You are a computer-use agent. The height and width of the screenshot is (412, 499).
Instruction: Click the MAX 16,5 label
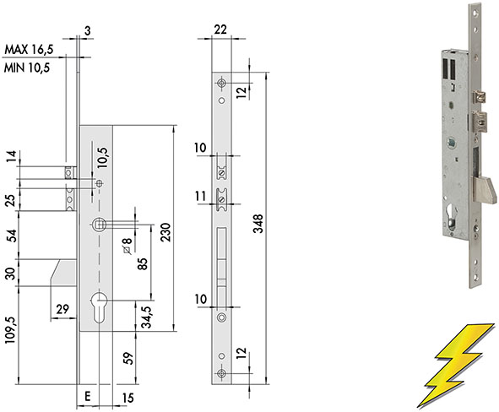click(29, 49)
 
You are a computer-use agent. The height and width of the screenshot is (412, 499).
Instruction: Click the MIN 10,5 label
click(27, 68)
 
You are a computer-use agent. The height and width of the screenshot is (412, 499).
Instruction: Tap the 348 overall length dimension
click(258, 224)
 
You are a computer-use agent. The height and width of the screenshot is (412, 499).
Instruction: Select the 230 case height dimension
click(165, 232)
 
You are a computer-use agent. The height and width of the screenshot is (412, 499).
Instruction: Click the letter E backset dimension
click(88, 396)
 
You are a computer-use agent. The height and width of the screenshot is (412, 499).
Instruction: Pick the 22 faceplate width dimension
click(220, 30)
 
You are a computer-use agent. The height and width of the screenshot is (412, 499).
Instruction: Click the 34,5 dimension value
click(146, 317)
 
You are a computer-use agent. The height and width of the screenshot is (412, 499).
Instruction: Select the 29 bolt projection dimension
click(62, 309)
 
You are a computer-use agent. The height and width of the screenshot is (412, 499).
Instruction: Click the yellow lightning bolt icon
click(456, 366)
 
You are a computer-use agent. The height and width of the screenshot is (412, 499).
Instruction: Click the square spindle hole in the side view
click(99, 225)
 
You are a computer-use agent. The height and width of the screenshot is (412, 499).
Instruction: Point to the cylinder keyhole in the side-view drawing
click(99, 307)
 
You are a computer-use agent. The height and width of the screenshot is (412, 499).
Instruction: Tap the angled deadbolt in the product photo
click(484, 191)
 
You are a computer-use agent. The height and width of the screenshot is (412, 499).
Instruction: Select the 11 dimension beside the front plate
click(200, 196)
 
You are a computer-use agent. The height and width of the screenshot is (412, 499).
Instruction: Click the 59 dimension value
click(127, 358)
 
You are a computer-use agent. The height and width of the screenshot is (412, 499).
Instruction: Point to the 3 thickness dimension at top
click(88, 30)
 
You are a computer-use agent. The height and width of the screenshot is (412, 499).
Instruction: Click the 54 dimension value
click(12, 236)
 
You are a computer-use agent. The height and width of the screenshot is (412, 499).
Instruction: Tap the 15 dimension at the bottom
click(128, 398)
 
